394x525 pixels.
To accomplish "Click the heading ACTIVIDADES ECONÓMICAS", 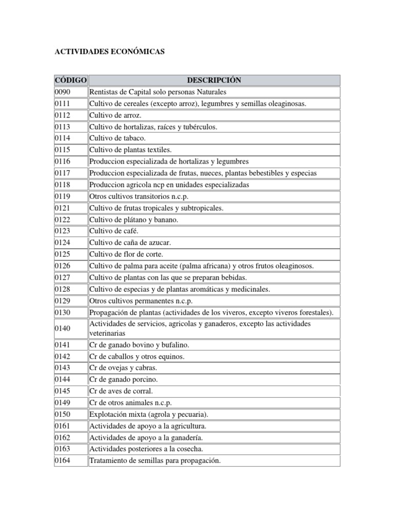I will coord(110,52).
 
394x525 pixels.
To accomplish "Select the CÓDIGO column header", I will coord(70,80).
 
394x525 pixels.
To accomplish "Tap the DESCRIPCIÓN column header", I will coord(214,80).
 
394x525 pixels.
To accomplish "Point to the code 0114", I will coord(62,138).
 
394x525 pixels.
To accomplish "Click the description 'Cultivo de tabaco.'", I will coord(117,138).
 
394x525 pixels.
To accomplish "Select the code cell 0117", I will coord(62,173).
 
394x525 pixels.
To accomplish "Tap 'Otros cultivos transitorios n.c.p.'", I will coord(143,196).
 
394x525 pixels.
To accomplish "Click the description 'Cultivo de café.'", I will coord(114,231).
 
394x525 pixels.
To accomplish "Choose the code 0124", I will coord(62,243).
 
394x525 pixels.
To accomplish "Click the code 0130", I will coord(62,312).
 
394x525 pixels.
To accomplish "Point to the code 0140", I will coord(62,328).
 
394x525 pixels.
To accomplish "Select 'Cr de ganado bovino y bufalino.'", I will coord(139,345).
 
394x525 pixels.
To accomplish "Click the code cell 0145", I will coord(62,391).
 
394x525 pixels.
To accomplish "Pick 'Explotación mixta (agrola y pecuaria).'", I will coord(149,414).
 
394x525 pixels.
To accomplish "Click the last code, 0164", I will coord(62,460).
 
